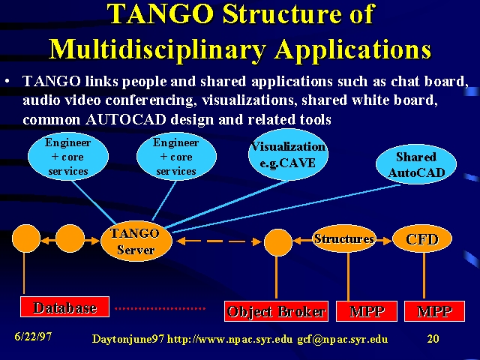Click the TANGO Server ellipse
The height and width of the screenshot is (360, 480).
[136, 241]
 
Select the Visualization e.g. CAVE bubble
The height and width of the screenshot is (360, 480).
[288, 154]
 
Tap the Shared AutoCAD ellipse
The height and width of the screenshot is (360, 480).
[416, 164]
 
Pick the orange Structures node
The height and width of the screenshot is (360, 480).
[344, 238]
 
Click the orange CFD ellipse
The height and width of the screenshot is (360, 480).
[422, 239]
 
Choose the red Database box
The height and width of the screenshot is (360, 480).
[65, 307]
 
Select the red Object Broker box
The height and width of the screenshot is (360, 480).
[277, 311]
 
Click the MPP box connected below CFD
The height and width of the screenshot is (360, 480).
[435, 311]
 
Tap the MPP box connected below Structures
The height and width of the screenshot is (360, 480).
[367, 311]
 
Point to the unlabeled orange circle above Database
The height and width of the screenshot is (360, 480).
[26, 238]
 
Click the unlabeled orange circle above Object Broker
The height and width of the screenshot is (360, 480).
[278, 242]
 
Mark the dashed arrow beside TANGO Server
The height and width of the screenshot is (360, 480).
[219, 241]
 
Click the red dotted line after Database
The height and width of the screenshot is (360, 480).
[160, 308]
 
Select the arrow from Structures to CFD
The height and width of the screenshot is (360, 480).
[384, 241]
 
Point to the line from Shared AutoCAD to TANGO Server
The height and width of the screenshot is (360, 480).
[286, 208]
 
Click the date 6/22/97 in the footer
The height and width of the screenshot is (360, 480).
[33, 337]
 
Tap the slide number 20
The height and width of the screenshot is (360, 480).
[433, 338]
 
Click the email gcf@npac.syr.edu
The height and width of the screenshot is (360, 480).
[343, 340]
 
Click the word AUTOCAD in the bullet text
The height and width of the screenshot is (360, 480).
[126, 119]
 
